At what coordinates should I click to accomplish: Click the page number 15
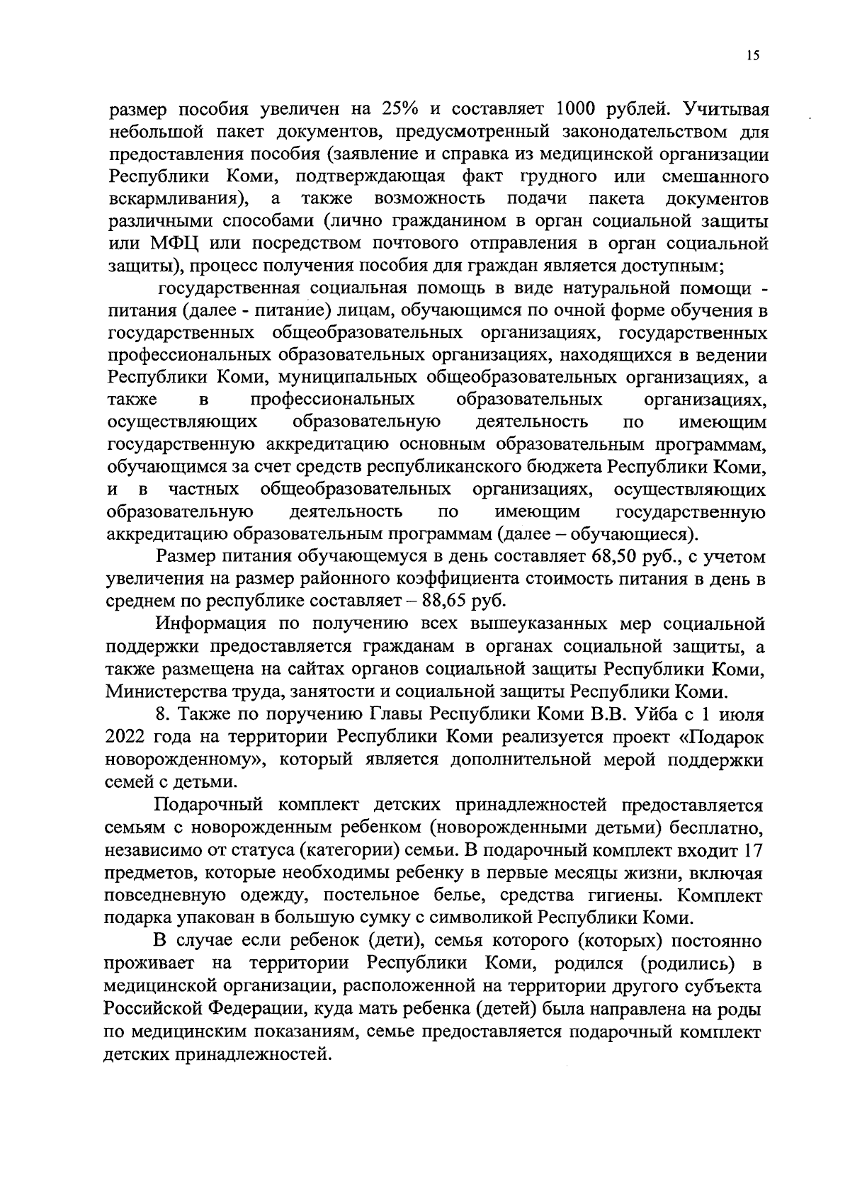752,57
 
